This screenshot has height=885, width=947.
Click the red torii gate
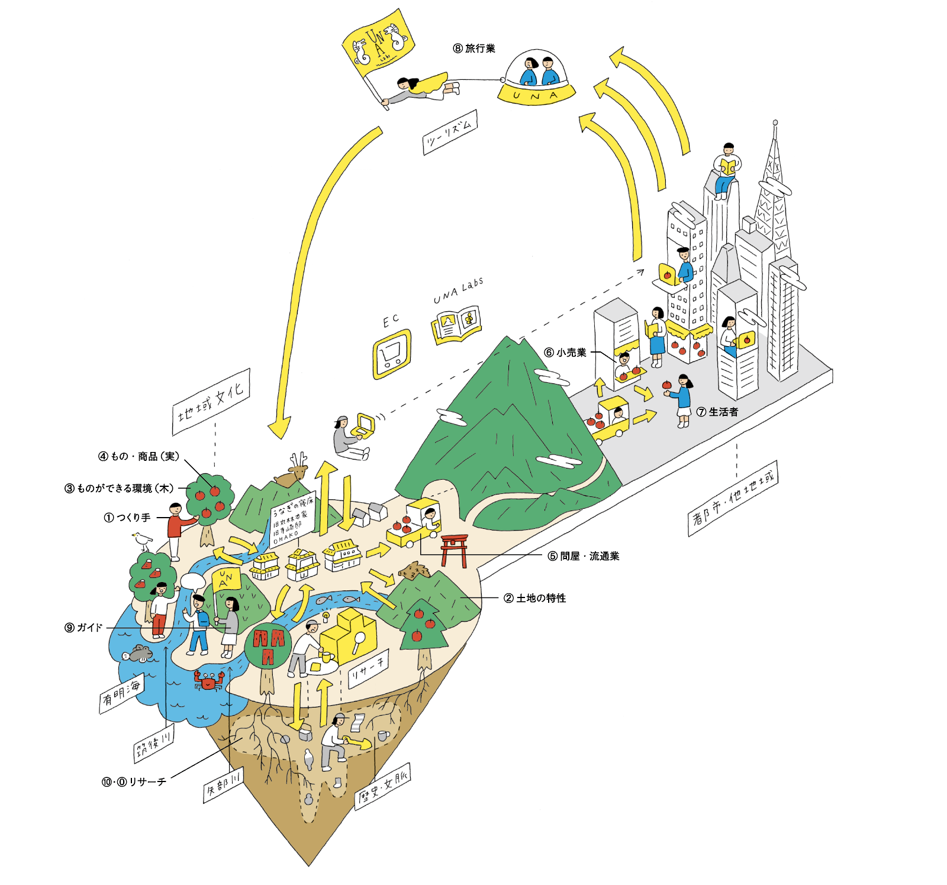454,550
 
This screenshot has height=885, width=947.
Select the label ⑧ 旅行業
474,49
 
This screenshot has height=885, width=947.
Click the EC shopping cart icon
391,354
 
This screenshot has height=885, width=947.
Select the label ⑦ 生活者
717,412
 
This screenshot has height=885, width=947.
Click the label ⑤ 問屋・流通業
584,556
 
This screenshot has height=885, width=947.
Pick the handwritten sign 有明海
121,694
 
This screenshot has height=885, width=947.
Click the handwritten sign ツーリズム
450,133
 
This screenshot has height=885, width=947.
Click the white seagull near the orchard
142,540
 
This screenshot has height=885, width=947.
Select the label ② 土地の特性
535,598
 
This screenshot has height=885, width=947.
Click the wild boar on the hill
413,571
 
